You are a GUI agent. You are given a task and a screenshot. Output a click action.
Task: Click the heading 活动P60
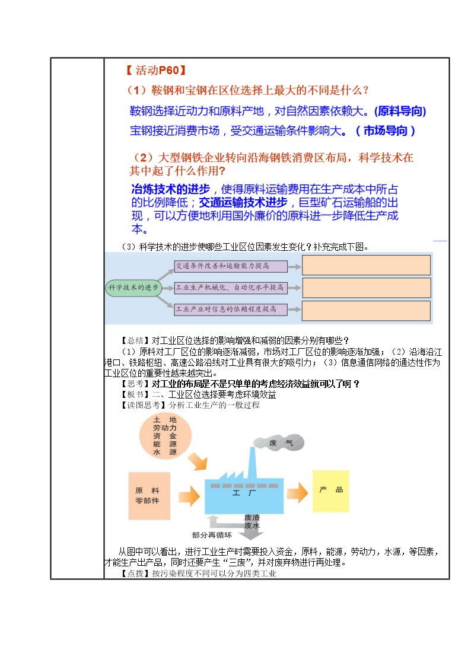[156, 70]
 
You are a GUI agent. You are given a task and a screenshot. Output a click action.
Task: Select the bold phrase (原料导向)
[400, 111]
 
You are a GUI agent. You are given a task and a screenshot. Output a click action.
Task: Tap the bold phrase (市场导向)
[385, 130]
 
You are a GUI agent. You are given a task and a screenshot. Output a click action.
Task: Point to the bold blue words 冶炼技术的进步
[171, 189]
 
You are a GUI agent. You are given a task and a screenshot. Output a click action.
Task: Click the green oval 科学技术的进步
[133, 288]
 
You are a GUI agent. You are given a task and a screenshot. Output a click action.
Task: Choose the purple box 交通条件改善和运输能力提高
[231, 266]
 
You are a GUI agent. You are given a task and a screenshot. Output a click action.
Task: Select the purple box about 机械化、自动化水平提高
[231, 288]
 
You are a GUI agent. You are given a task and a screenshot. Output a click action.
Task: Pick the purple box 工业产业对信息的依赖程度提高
[231, 309]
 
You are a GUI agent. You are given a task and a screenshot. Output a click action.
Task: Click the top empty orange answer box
[366, 265]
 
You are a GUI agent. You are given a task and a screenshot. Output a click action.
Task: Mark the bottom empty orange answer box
[366, 311]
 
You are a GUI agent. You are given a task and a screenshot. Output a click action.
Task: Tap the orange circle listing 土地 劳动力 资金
[166, 436]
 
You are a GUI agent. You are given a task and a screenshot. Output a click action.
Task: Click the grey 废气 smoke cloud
[279, 442]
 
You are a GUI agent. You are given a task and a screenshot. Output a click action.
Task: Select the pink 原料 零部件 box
[149, 496]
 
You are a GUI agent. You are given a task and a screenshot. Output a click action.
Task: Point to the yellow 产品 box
[331, 491]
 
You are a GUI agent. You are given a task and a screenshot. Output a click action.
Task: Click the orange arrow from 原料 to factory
[189, 496]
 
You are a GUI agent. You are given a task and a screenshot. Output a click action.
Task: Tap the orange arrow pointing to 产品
[297, 493]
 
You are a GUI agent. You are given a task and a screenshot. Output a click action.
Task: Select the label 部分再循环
[212, 535]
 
